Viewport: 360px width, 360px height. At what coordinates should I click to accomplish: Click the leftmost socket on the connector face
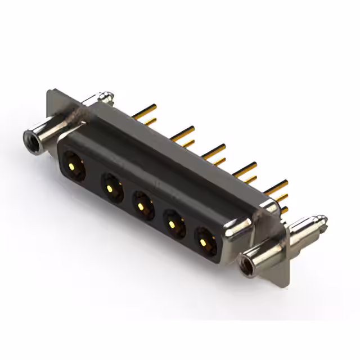[x=74, y=166]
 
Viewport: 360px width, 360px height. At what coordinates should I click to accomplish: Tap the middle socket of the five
[x=143, y=204]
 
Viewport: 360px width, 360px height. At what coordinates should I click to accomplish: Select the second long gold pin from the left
[x=183, y=132]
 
